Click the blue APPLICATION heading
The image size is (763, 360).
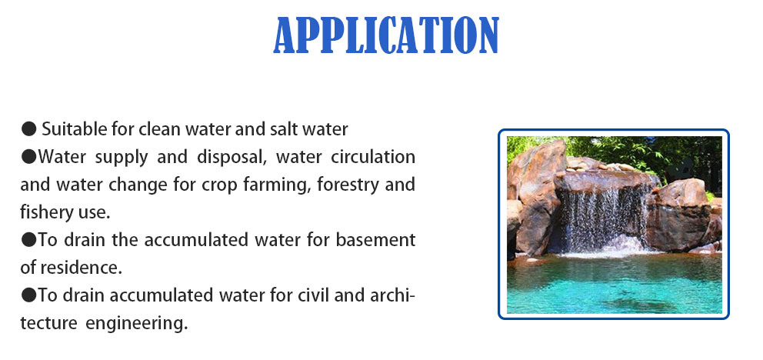click(386, 35)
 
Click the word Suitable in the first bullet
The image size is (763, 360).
click(70, 128)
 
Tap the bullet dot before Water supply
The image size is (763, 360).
click(28, 157)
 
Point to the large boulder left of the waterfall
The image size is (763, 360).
click(535, 192)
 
